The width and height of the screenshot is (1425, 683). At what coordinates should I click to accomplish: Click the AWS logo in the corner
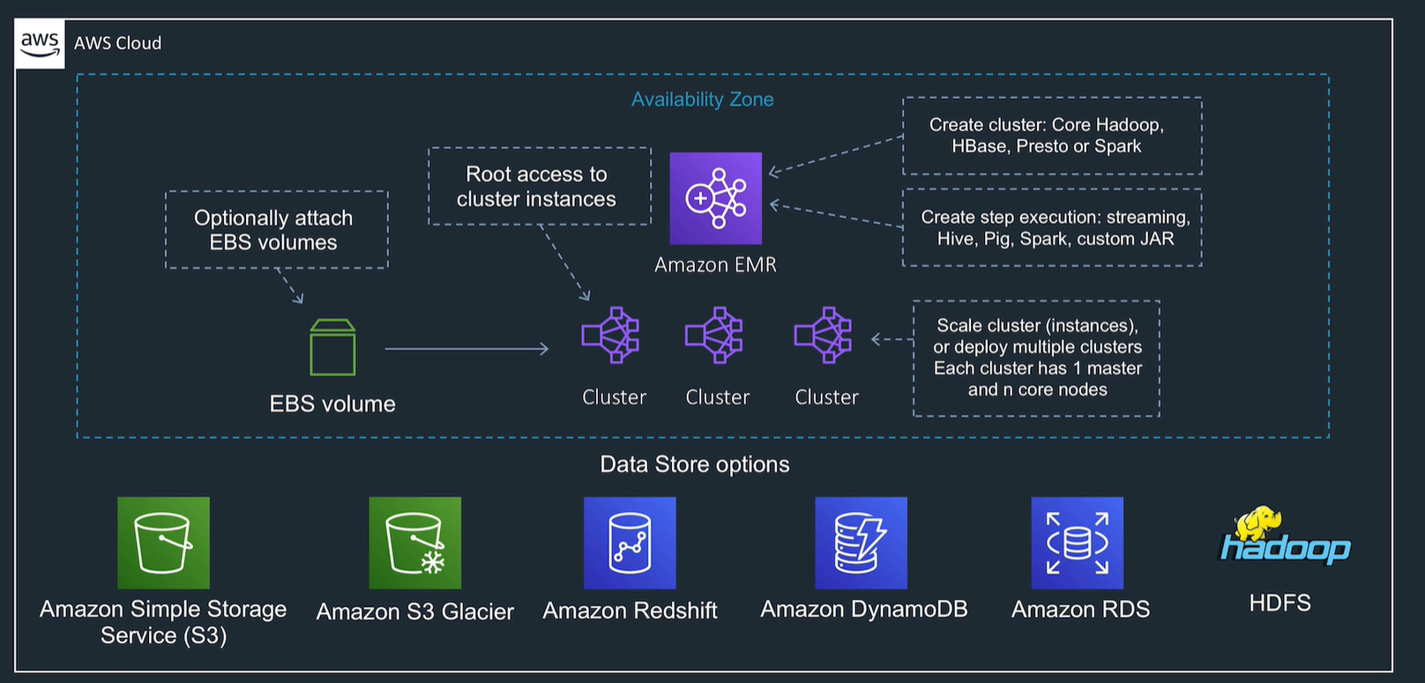40,43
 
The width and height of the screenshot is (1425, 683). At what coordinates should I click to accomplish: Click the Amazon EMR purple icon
715,198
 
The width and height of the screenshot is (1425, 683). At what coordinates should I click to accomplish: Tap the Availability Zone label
702,100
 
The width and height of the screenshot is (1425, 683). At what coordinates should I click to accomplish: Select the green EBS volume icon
332,348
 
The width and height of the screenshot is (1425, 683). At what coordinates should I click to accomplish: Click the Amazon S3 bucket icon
163,543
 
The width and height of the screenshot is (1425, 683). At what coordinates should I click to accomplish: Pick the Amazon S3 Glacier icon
414,543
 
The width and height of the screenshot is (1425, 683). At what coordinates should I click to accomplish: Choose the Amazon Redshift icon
630,543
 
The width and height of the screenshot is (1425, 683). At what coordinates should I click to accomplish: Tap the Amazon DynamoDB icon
861,543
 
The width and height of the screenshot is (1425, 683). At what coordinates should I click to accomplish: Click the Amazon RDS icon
1077,543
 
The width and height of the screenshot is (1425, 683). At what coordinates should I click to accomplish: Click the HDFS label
1280,603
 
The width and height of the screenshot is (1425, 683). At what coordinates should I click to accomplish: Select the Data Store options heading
695,464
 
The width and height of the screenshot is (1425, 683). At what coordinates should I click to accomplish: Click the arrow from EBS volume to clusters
466,349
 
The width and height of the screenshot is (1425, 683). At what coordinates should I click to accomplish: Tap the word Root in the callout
489,174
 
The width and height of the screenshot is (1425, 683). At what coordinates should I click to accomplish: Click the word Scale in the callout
959,326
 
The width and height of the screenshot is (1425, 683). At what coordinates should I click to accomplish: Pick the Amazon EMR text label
715,264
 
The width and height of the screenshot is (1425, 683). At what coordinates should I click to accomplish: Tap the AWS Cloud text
117,43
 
